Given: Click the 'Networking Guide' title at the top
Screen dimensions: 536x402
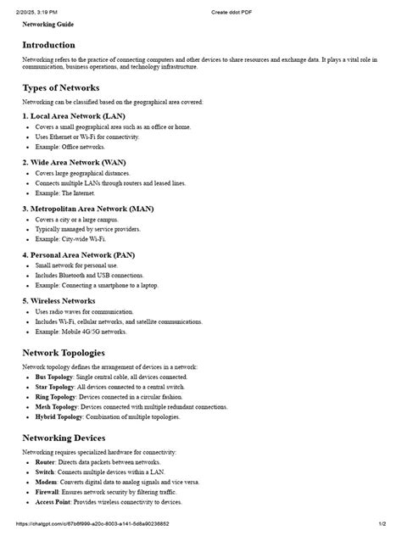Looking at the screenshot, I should point(47,24).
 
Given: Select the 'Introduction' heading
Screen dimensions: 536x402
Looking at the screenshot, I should point(48,44).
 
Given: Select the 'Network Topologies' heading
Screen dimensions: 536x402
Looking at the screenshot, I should point(64,352).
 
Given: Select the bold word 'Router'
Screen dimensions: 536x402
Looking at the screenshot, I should point(45,461).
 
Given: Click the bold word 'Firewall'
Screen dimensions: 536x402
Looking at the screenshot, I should point(47,493).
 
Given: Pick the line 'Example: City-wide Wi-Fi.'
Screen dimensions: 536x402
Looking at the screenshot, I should point(70,239).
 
